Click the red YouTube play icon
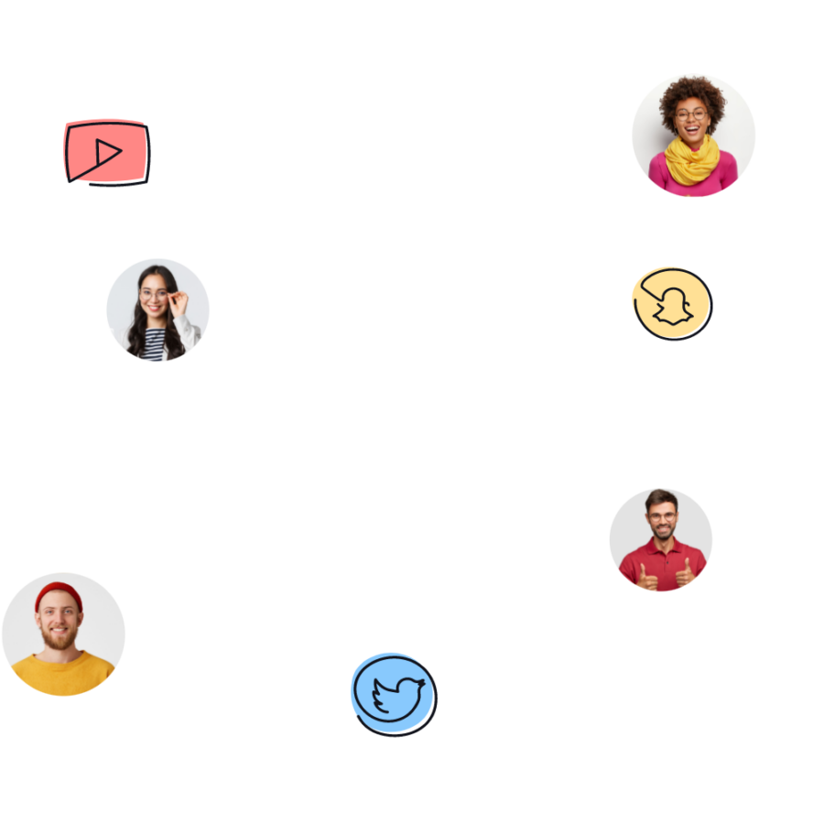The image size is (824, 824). [x=105, y=151]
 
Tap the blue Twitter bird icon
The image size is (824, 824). [x=393, y=693]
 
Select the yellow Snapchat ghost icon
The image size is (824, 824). [x=671, y=303]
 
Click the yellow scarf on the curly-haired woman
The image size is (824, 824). [x=691, y=159]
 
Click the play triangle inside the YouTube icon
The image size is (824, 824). [x=108, y=151]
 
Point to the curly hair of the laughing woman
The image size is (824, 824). [x=692, y=92]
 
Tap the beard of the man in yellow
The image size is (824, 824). [x=60, y=639]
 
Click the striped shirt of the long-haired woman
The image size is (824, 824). [x=157, y=345]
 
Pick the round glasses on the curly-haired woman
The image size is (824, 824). [x=691, y=115]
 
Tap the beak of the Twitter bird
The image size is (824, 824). [x=422, y=683]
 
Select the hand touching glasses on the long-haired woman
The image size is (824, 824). [x=179, y=301]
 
